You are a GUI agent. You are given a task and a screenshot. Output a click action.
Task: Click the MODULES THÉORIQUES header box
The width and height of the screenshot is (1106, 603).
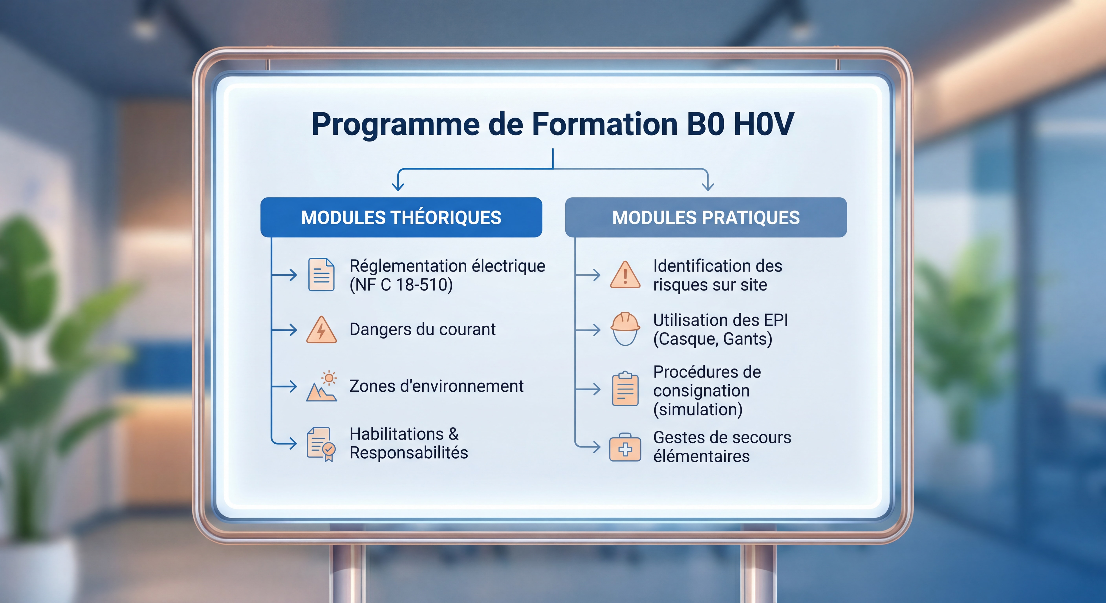click(x=401, y=217)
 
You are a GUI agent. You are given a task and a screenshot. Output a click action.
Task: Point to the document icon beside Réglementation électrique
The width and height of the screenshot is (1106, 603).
click(x=321, y=275)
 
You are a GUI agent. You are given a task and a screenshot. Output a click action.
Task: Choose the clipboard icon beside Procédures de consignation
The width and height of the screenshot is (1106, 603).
click(x=625, y=389)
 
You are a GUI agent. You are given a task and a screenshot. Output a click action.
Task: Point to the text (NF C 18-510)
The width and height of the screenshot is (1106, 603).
click(x=401, y=285)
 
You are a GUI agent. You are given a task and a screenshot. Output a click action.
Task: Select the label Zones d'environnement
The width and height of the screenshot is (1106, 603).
click(x=436, y=386)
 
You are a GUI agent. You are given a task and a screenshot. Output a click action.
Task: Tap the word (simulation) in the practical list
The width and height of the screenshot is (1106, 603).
click(x=698, y=409)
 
